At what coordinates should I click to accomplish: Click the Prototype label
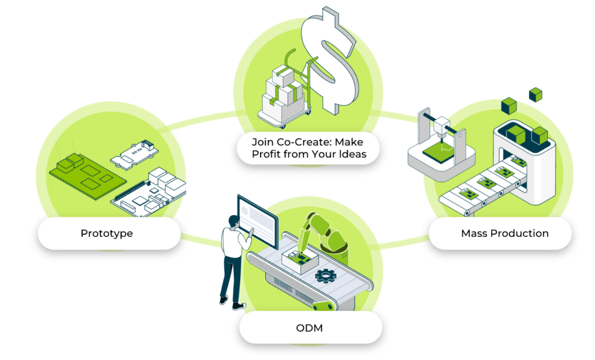click(107, 233)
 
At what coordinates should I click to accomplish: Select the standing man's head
click(233, 221)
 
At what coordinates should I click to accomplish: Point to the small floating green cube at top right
click(535, 94)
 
